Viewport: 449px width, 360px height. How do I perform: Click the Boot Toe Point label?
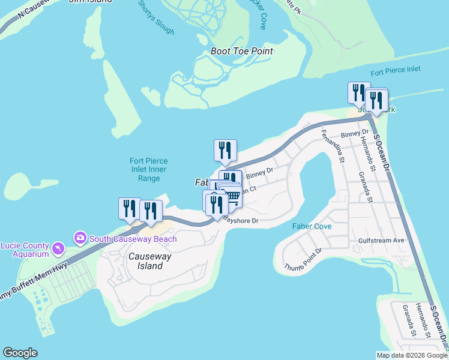(242, 52)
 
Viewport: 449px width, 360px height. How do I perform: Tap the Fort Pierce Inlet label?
(396, 71)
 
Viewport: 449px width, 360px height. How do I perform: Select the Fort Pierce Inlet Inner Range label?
(149, 170)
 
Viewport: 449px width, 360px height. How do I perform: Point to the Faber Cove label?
(312, 226)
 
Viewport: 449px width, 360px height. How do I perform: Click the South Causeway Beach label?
(133, 239)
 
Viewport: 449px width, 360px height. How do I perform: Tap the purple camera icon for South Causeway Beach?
(80, 239)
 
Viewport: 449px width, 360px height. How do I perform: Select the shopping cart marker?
(232, 196)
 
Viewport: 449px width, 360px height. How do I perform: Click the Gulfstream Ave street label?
(382, 240)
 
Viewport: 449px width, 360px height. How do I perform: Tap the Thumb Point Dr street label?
(304, 259)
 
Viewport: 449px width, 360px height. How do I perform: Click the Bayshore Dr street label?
(241, 221)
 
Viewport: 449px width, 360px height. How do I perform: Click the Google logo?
(20, 353)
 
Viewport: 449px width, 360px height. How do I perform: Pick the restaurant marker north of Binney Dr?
(225, 151)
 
